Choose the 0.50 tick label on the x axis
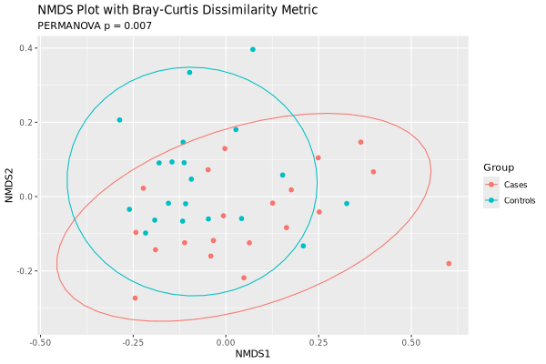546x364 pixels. point(410,342)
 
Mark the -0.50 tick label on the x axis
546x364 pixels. point(40,342)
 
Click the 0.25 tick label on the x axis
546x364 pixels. point(318,342)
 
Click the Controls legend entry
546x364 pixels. point(520,200)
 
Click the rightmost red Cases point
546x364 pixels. point(449,264)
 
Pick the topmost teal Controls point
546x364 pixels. point(253,50)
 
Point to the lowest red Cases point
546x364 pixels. point(135,298)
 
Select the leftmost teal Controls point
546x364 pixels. point(119,120)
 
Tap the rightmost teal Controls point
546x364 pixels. point(347,204)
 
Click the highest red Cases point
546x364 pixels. point(360,142)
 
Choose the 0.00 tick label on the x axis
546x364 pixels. point(226,342)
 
